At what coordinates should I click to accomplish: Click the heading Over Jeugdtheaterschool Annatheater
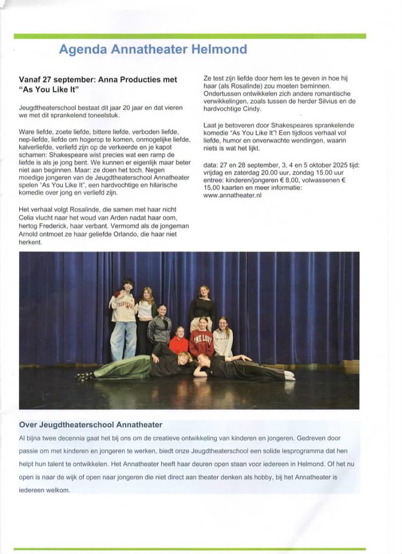90,425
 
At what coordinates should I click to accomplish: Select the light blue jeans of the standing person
123,339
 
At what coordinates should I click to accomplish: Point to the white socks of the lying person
289,376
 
